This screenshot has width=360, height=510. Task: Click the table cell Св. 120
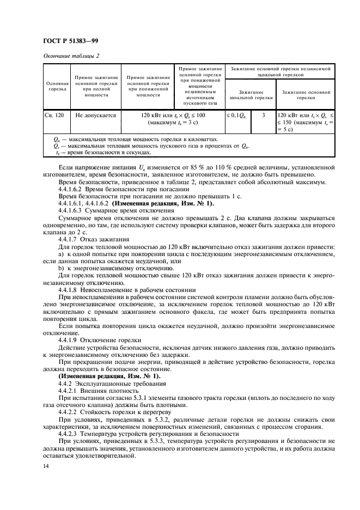click(x=54, y=116)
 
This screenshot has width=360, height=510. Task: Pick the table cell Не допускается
click(x=96, y=116)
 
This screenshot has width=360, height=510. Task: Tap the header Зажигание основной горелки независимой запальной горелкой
click(x=280, y=72)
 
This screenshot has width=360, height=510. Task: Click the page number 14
click(x=45, y=466)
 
